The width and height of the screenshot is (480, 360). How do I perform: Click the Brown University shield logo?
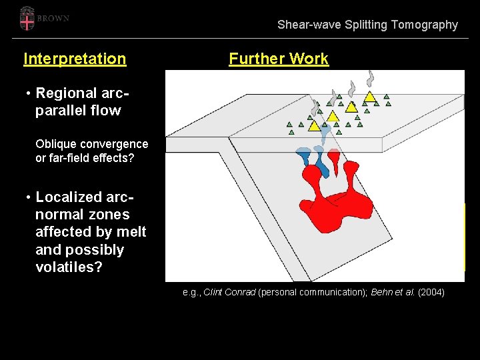pos(27,19)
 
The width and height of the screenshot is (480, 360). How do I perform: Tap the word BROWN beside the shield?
pos(54,19)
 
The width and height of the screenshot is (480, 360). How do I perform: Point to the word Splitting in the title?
pos(366,25)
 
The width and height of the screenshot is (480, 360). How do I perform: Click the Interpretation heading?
pos(75,59)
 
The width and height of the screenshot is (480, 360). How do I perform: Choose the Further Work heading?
pos(279,59)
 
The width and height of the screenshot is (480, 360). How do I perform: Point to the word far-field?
pos(71,158)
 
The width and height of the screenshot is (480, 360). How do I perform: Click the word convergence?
pos(115,144)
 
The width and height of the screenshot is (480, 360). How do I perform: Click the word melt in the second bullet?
pos(132,232)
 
